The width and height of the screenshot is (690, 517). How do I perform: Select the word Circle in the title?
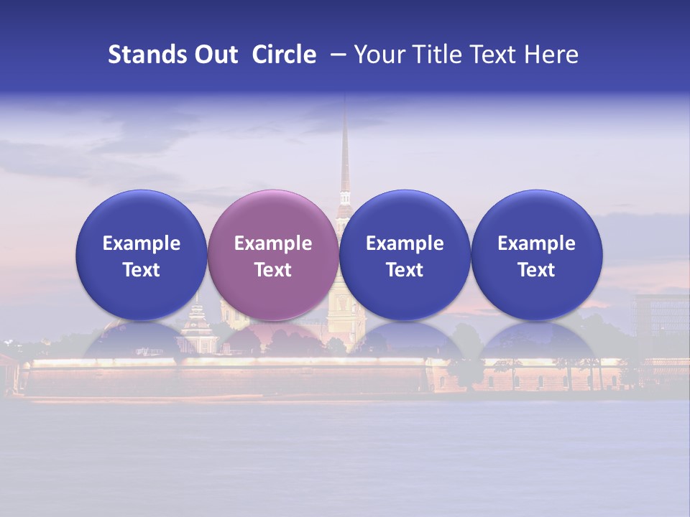tap(284, 55)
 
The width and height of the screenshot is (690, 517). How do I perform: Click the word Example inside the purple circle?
tap(273, 243)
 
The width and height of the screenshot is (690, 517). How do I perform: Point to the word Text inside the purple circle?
tap(273, 270)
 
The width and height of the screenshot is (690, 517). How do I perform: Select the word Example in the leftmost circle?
tap(141, 243)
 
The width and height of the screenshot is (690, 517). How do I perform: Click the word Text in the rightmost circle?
tap(537, 270)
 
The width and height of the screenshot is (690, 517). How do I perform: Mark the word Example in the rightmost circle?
tap(537, 243)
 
